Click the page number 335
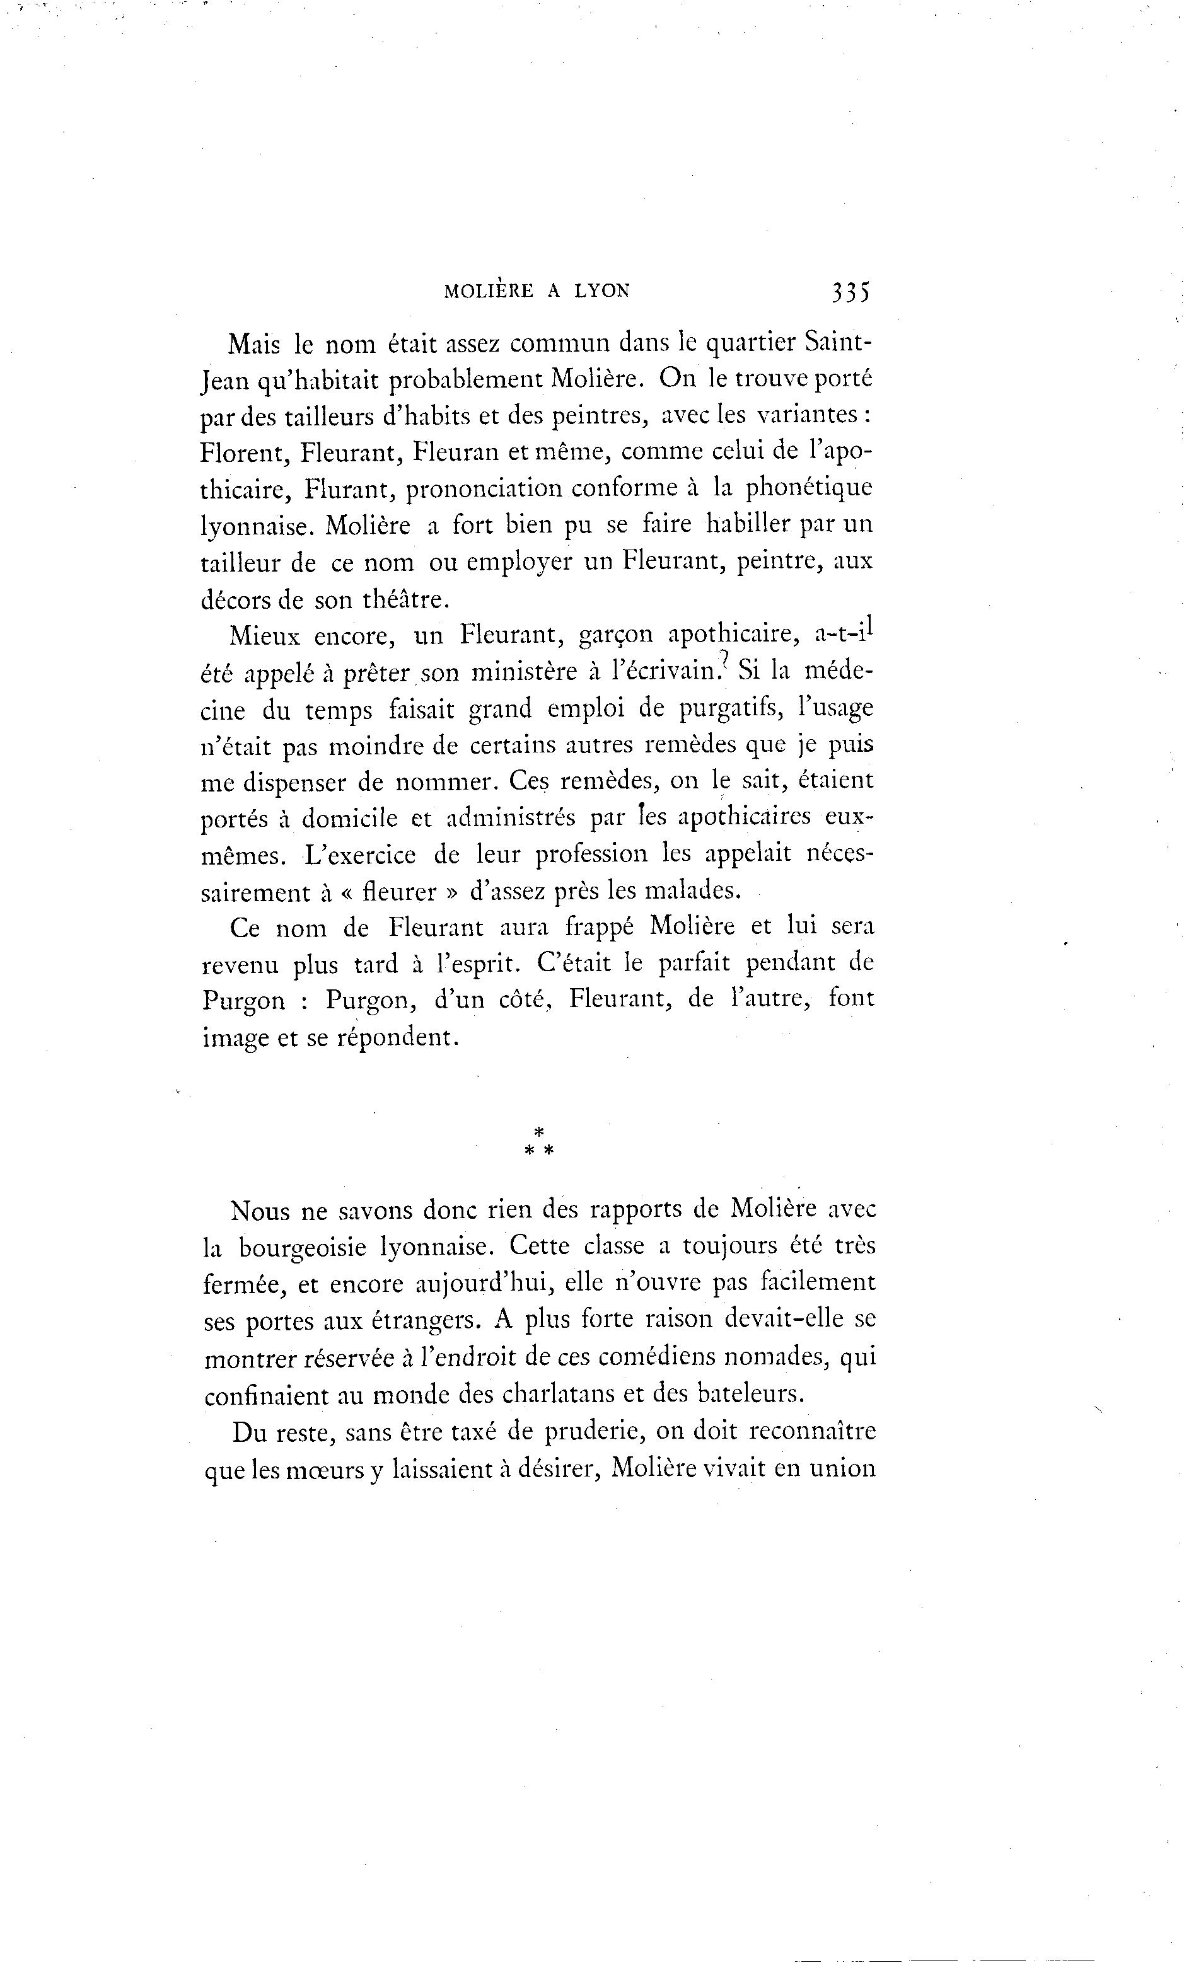(x=850, y=292)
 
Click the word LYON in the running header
(x=601, y=292)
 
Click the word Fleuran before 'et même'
(x=458, y=452)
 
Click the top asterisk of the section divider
(x=538, y=1131)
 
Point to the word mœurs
(x=322, y=1468)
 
